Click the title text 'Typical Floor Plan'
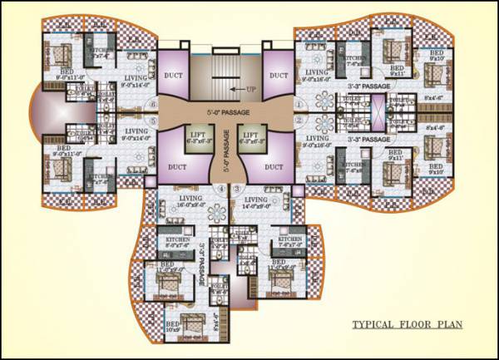click(406, 324)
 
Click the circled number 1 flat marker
click(298, 104)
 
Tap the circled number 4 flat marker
click(220, 190)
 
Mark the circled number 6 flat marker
click(155, 104)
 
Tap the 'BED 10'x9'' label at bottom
click(173, 328)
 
